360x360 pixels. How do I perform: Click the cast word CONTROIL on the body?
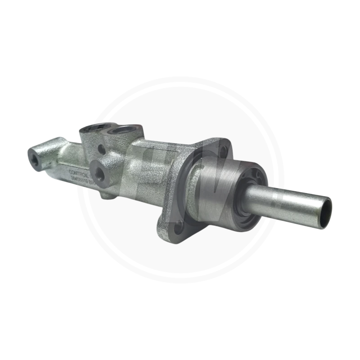pos(77,171)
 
